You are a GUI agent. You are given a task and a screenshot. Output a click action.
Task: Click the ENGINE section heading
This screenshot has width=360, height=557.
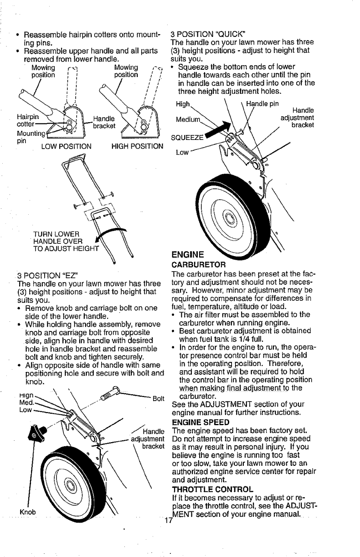pos(185,254)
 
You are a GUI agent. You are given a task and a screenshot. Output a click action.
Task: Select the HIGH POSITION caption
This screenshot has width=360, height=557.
pos(137,146)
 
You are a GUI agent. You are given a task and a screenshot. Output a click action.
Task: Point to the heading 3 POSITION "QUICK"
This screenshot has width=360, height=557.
pos(208,34)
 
